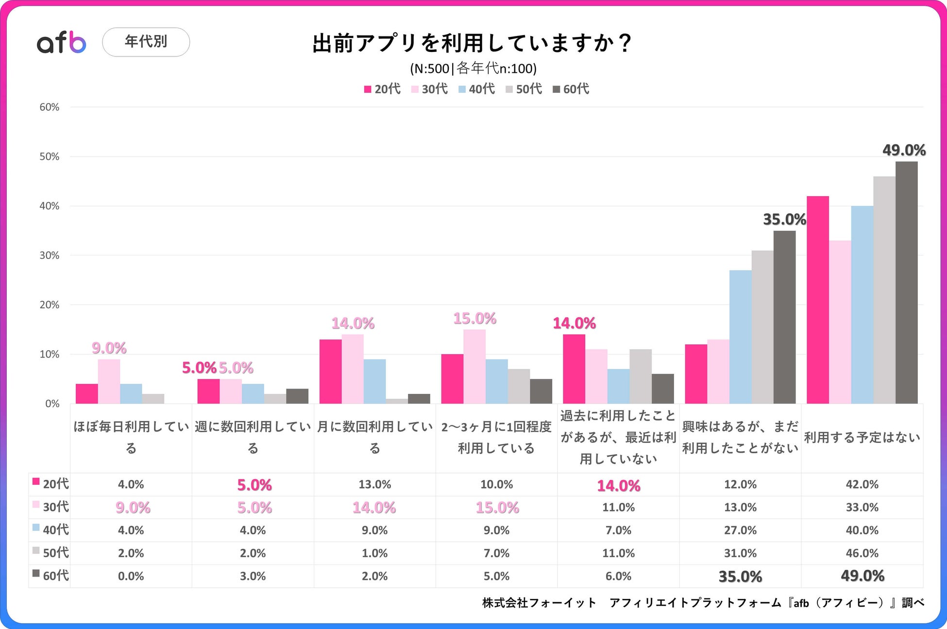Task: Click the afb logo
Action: pos(62,43)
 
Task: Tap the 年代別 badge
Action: pos(146,42)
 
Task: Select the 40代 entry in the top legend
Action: pos(476,89)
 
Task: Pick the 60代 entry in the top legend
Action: pos(571,89)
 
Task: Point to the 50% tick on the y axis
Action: pos(50,156)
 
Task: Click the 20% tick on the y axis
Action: pos(50,305)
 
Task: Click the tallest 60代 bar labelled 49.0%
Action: pos(906,282)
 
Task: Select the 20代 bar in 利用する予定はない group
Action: pos(817,300)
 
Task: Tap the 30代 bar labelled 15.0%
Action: pos(474,366)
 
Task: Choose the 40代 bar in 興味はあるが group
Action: pos(740,337)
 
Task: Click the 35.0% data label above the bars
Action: pos(784,220)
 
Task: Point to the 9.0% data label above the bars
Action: pos(109,348)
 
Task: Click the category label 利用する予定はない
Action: pos(862,438)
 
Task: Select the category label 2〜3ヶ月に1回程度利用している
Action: pos(496,437)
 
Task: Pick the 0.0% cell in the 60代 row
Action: pos(131,576)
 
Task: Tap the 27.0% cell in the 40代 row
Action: pos(740,530)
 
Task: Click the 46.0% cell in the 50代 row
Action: pos(862,553)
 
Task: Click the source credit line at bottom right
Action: pos(703,603)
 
